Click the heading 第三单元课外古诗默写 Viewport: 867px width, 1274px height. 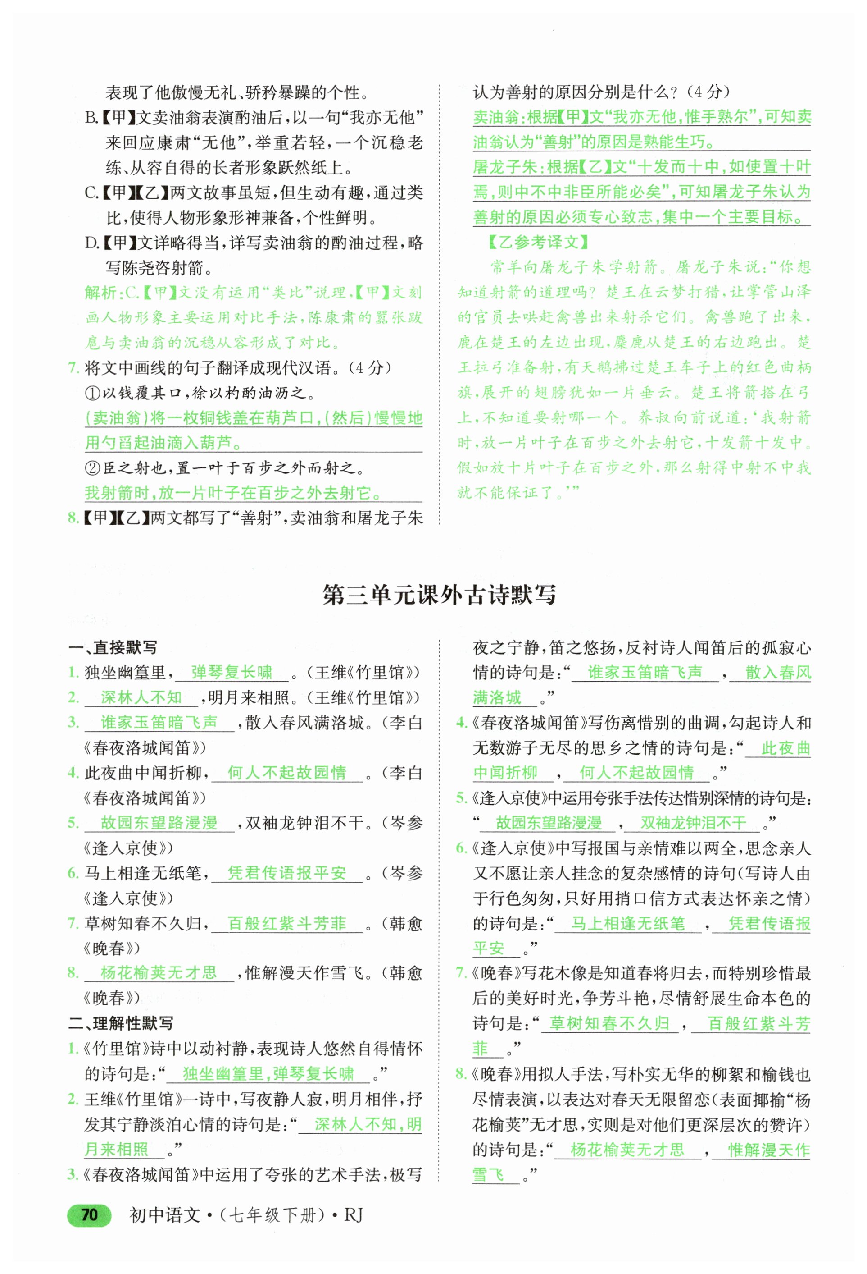click(x=439, y=594)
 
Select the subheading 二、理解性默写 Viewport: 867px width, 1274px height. click(x=121, y=1023)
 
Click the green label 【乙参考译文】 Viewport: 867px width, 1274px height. click(x=537, y=242)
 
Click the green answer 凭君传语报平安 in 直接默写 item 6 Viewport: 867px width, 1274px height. click(x=287, y=873)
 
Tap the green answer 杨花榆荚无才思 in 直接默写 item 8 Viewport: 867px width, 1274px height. click(x=159, y=972)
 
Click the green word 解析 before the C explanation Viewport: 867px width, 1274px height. click(x=101, y=292)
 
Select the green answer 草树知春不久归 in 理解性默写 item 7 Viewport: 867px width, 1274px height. click(x=609, y=1023)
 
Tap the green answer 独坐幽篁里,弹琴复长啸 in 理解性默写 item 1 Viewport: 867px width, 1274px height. click(x=268, y=1073)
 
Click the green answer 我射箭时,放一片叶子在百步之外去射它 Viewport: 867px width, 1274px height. click(x=233, y=493)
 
